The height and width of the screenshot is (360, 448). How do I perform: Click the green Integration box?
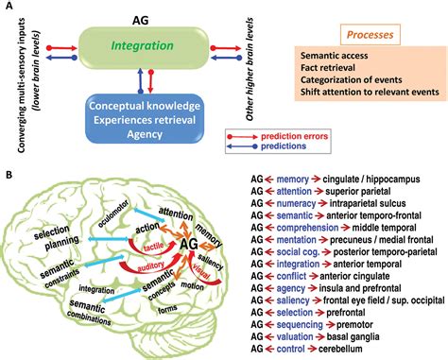point(141,44)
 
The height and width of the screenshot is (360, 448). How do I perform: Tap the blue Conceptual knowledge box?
point(142,118)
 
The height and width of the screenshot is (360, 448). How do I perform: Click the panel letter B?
point(9,175)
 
